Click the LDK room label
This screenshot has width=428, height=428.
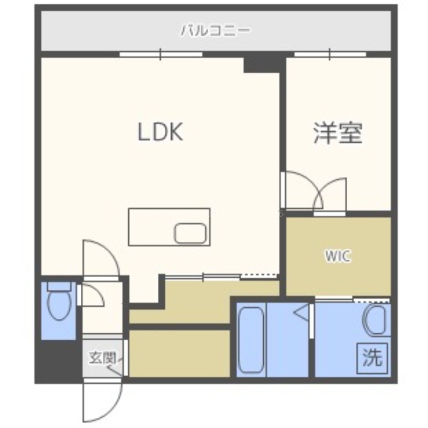point(160,132)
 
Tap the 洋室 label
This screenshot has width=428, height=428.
point(338,133)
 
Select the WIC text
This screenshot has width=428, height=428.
point(338,256)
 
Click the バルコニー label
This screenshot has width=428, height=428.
point(216,30)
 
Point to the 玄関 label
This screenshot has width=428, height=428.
point(103,357)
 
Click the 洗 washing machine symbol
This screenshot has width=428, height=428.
point(372,358)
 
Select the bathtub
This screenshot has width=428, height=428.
point(251,340)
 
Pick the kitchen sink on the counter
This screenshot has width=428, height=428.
point(190,233)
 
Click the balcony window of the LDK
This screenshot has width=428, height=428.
point(161,54)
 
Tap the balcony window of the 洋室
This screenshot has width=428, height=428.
point(330,54)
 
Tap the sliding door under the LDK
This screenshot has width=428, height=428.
point(202,277)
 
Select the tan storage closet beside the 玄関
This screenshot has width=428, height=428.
point(179,354)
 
